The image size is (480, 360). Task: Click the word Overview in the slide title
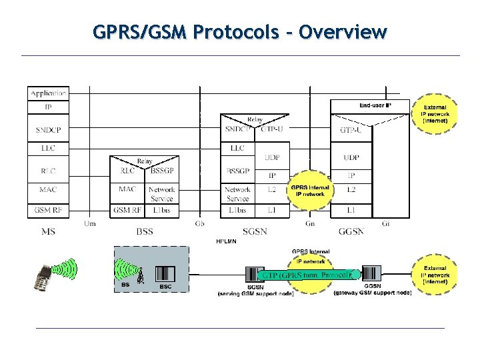coord(343,31)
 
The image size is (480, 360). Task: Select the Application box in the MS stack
coord(48,93)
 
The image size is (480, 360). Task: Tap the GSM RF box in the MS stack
coord(48,210)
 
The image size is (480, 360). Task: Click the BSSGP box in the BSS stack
coord(162,171)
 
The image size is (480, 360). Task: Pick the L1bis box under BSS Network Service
coord(162,210)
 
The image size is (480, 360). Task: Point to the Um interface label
coord(90,223)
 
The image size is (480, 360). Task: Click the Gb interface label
coord(200,223)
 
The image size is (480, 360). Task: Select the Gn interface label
coord(310,223)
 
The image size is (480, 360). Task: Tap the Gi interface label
coord(386,223)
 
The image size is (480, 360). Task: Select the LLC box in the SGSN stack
coord(237,148)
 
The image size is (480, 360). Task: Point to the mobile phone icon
coord(44,277)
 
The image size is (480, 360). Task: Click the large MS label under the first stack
coord(48,231)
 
